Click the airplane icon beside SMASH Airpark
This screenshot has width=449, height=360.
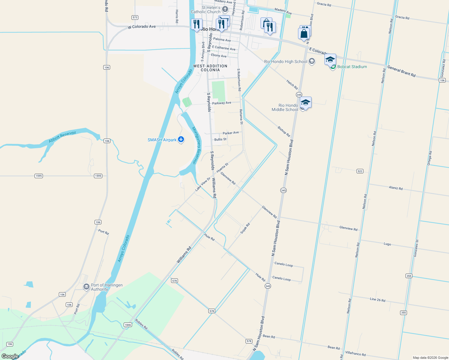(181, 139)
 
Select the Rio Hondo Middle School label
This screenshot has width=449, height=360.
(285, 107)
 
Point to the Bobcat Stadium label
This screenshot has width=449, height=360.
(352, 67)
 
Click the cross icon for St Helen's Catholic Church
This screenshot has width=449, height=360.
(225, 9)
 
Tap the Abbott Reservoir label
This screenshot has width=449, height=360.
(62, 137)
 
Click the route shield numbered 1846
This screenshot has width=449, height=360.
(128, 325)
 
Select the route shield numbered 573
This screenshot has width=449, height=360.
(135, 17)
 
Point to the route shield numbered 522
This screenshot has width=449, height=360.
(360, 171)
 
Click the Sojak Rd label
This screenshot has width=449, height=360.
(245, 229)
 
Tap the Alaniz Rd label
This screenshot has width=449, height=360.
(396, 188)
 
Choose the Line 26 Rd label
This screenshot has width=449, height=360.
(378, 299)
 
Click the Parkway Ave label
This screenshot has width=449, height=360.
(221, 103)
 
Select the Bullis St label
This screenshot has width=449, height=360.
(220, 139)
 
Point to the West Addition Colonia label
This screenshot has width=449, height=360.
(210, 68)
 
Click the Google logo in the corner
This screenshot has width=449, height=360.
(10, 356)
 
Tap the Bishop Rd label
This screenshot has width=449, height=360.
(284, 131)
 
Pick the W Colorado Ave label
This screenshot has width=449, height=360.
(142, 27)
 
